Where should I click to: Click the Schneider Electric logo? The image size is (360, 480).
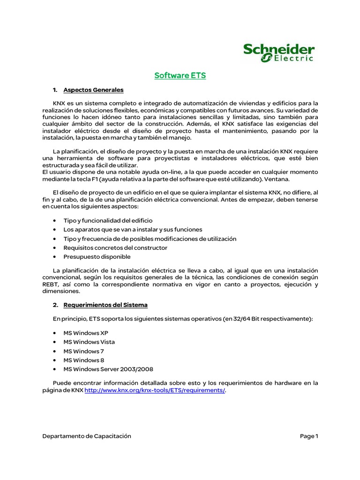[279, 52]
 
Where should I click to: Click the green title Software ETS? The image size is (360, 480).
[180, 75]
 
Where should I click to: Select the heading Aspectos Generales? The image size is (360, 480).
[93, 90]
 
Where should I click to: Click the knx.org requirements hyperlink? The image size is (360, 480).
[155, 391]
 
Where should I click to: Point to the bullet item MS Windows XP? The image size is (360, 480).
[86, 333]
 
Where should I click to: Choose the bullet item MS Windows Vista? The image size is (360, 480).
[89, 342]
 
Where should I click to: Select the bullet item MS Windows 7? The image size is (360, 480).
[84, 351]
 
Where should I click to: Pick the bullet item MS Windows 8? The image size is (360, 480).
[84, 360]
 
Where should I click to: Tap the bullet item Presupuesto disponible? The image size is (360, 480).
[97, 257]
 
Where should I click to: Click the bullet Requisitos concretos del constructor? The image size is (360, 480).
[115, 247]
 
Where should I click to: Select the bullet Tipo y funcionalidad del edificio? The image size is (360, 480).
[108, 220]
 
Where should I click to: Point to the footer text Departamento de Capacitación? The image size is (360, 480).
[87, 436]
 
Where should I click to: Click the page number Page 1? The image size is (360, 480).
[309, 436]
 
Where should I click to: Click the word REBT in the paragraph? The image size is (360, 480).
[50, 285]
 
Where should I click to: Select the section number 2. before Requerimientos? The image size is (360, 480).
[55, 305]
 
